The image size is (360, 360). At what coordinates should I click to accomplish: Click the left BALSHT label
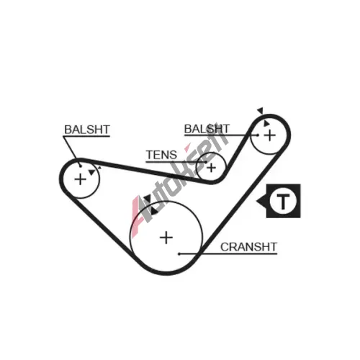click(87, 130)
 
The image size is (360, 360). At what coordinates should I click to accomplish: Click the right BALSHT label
click(207, 129)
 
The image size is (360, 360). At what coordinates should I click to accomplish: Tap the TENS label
click(161, 155)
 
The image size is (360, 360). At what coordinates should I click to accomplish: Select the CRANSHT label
click(248, 247)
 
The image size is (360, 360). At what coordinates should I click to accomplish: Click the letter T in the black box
click(283, 201)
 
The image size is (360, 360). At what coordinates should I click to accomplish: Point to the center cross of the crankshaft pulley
click(166, 238)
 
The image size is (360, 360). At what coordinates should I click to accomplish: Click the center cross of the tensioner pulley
click(212, 168)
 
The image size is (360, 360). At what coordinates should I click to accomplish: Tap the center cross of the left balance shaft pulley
click(81, 179)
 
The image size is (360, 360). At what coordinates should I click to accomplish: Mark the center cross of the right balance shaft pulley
click(270, 135)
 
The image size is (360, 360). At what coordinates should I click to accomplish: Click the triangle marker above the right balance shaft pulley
click(261, 111)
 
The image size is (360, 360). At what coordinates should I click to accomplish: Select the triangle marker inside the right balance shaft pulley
click(266, 124)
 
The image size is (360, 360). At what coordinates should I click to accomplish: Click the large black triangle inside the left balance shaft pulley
click(91, 172)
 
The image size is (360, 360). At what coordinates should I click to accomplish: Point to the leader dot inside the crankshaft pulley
click(179, 254)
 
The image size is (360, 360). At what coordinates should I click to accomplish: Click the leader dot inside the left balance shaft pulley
click(81, 166)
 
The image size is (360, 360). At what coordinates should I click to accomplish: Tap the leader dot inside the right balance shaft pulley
click(258, 135)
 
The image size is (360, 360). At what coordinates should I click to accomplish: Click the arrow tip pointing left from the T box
click(256, 201)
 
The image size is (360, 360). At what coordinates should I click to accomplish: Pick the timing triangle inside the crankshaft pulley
click(154, 212)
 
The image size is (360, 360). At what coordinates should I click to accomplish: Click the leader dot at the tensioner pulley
click(206, 162)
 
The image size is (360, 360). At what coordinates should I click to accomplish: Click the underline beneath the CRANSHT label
click(228, 253)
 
